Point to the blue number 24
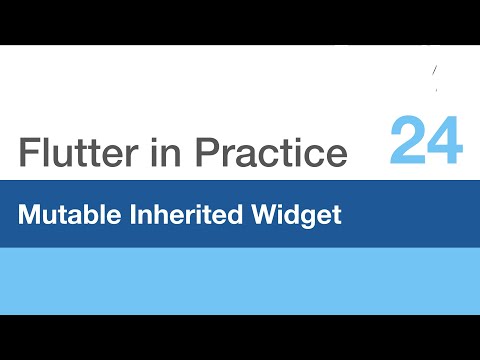coord(427,140)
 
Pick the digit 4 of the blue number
coord(446,140)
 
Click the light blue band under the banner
coord(240,281)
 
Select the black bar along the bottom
coord(240,337)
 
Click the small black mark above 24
coord(434,72)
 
